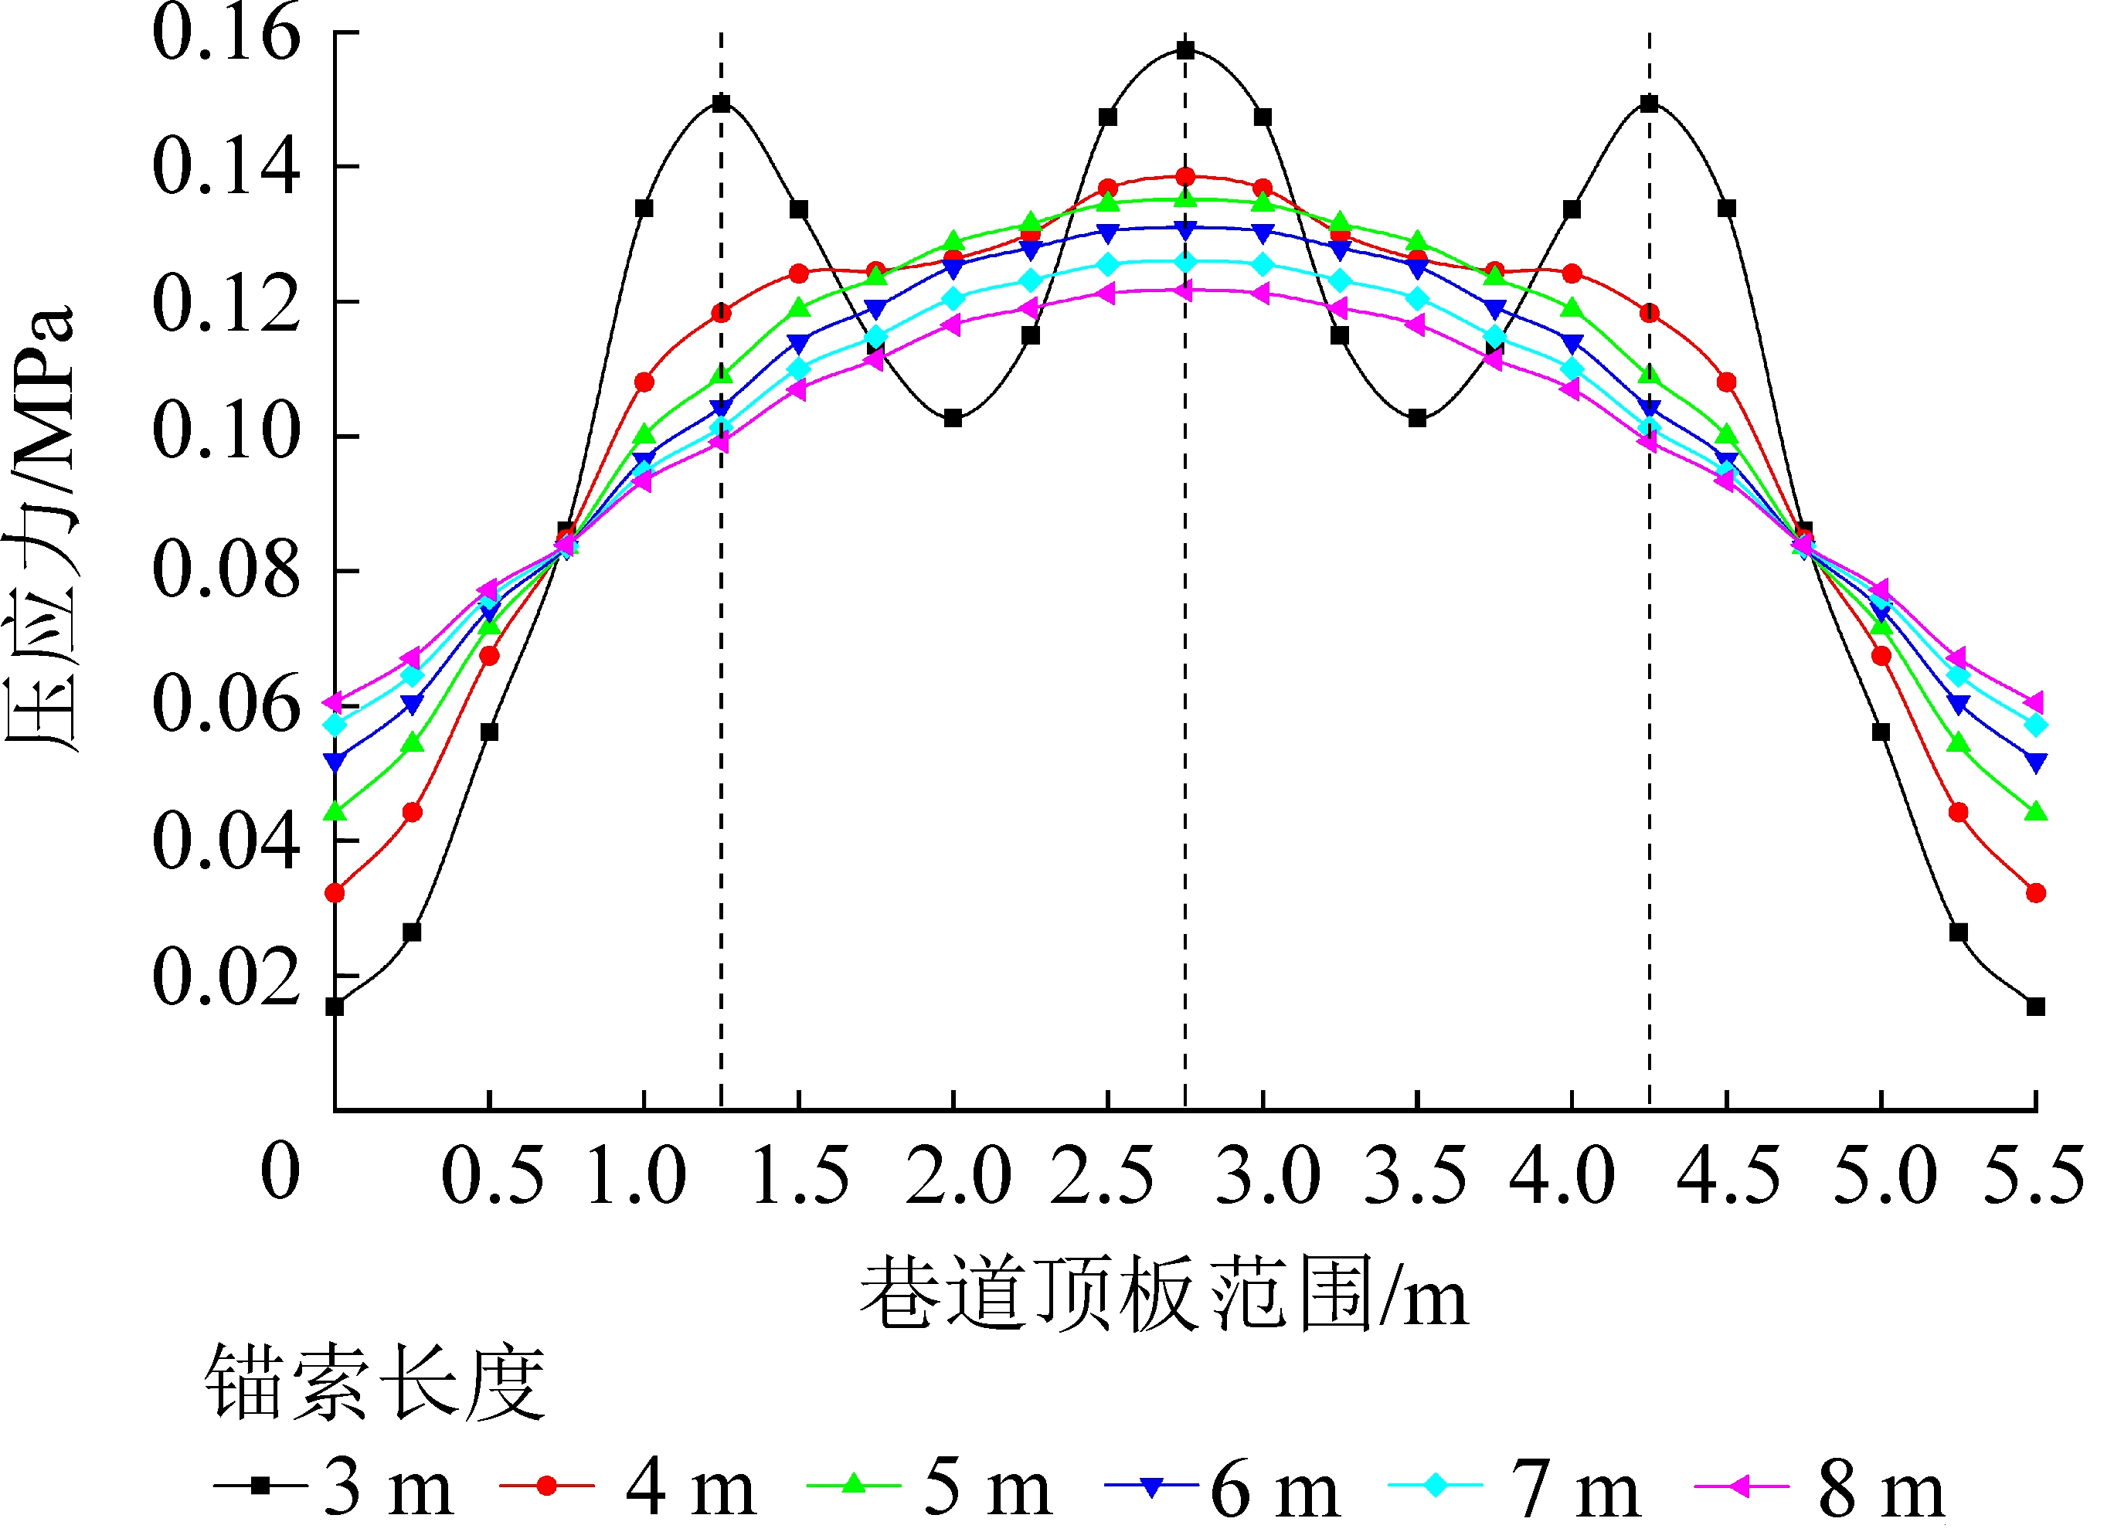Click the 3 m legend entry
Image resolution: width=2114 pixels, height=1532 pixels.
pos(335,1487)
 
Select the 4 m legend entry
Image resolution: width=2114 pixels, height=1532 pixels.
pos(628,1487)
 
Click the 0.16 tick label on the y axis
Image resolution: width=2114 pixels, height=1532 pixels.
pos(226,33)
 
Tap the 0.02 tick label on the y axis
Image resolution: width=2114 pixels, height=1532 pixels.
pos(226,976)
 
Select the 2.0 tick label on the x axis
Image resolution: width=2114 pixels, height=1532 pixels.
pos(958,1175)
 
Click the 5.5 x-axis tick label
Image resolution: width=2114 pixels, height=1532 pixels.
pos(2033,1175)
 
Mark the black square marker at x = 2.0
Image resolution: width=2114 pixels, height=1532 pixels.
pos(953,419)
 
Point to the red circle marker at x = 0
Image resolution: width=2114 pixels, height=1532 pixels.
pos(335,893)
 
